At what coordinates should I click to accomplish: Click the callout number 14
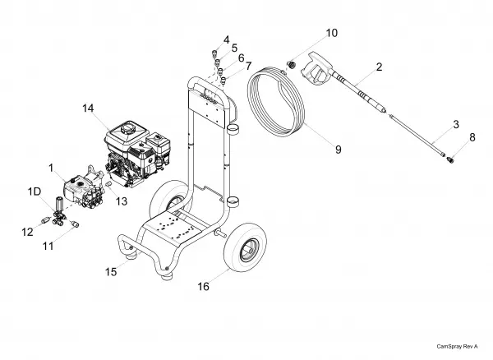[88, 108]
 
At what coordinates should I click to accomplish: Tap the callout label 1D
[35, 192]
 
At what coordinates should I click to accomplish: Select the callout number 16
[203, 286]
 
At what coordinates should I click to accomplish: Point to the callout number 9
[339, 150]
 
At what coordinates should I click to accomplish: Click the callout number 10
[332, 33]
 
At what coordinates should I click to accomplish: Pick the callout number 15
[111, 272]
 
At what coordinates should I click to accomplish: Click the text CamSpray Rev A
[457, 347]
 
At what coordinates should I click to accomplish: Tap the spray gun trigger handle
[316, 69]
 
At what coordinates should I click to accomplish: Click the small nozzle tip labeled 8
[450, 160]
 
